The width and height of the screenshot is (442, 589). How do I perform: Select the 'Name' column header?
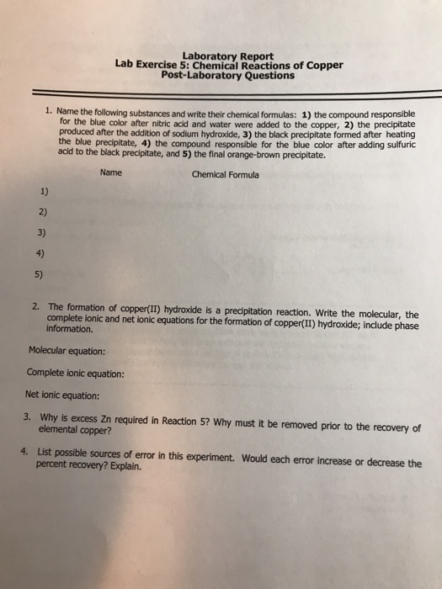(110, 173)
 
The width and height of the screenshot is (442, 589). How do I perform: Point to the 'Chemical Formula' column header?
(226, 175)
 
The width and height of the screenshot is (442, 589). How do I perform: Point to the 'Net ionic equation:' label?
(63, 395)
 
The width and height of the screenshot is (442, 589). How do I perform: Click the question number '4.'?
(28, 449)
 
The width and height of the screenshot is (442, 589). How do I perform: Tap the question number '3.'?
(28, 415)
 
